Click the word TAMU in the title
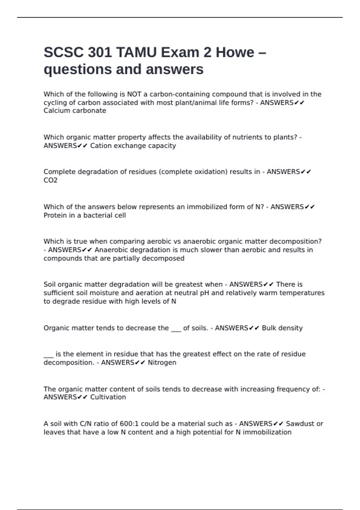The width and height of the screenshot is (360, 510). click(136, 52)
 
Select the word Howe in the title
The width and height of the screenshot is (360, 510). click(235, 52)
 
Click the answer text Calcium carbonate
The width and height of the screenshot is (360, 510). click(75, 111)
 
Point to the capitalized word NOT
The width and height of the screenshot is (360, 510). click(134, 94)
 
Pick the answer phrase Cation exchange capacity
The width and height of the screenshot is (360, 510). click(133, 146)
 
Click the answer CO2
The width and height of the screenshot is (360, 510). click(50, 180)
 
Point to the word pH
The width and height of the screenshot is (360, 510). click(204, 293)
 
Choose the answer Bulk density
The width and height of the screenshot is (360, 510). click(282, 328)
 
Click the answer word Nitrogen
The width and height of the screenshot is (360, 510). click(162, 362)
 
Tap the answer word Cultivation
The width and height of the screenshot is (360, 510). click(108, 397)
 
